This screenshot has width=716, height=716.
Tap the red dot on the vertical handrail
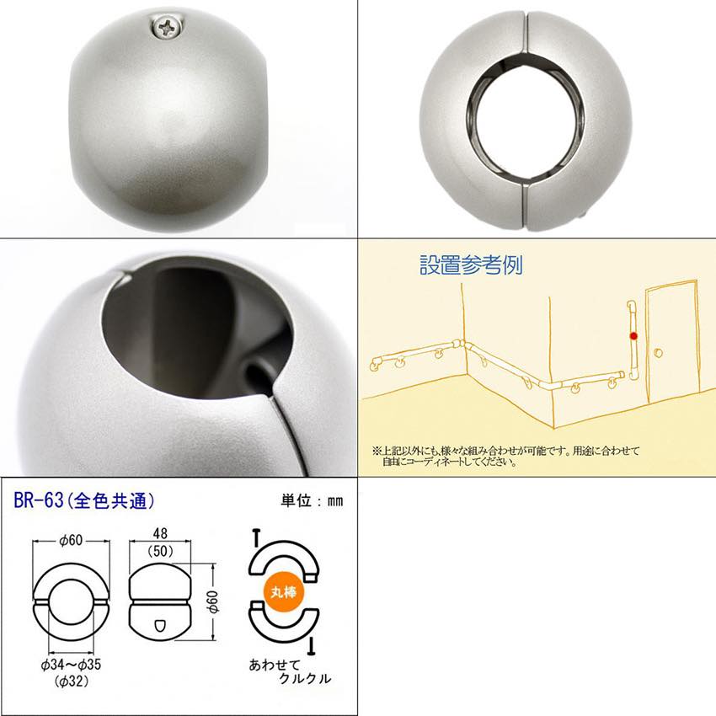(633, 336)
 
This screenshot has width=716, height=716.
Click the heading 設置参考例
(471, 264)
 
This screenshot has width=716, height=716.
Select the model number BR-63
(39, 501)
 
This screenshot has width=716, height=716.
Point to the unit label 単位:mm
(312, 501)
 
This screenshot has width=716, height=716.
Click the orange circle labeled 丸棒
(284, 592)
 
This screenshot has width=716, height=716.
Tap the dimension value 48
(160, 533)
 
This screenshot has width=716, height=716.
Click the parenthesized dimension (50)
(160, 551)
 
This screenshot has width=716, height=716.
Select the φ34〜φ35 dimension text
(71, 665)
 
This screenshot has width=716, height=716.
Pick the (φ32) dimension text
(72, 681)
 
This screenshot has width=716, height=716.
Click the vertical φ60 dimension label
(213, 601)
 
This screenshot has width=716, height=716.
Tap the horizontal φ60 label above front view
(71, 540)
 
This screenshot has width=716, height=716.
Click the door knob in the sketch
(658, 352)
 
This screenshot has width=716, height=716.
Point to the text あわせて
(275, 665)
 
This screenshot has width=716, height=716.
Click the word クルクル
(305, 679)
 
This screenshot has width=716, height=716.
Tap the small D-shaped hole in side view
(160, 625)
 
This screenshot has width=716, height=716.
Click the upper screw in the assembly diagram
(256, 537)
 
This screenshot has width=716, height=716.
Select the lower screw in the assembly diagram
(312, 644)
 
